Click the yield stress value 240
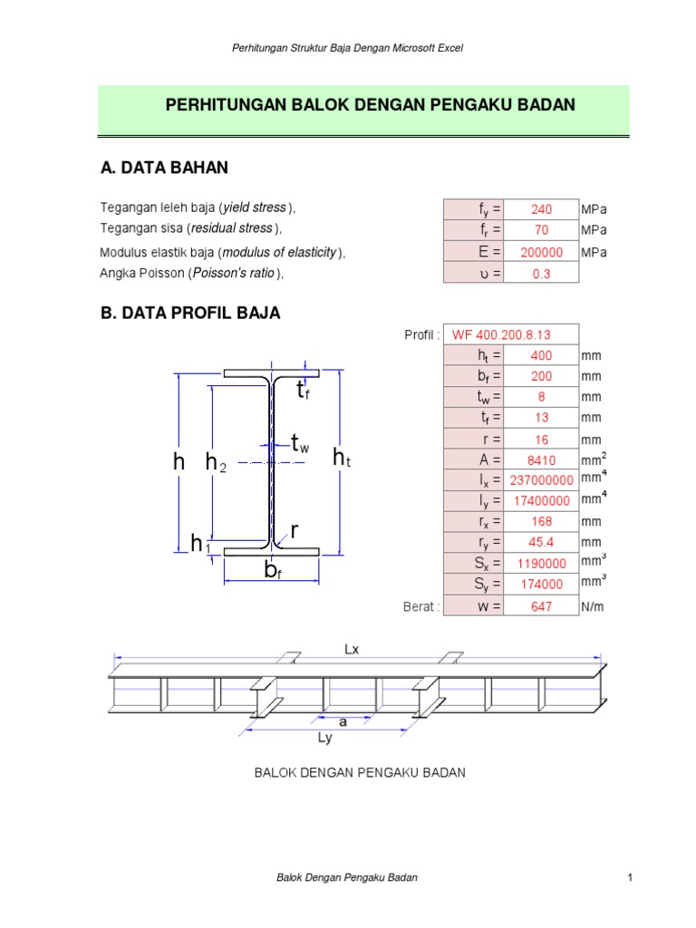click(542, 210)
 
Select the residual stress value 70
click(542, 231)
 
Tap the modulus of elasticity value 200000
click(542, 253)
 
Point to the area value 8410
click(542, 459)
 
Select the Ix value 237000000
click(542, 480)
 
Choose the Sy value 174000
click(542, 585)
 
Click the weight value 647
click(542, 606)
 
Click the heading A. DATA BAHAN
click(164, 168)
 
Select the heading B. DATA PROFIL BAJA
click(189, 314)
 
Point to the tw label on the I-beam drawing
click(300, 443)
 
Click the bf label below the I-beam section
click(272, 570)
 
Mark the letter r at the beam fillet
click(295, 529)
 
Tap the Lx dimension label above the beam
click(353, 649)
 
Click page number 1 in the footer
click(628, 878)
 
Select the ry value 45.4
click(542, 543)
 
